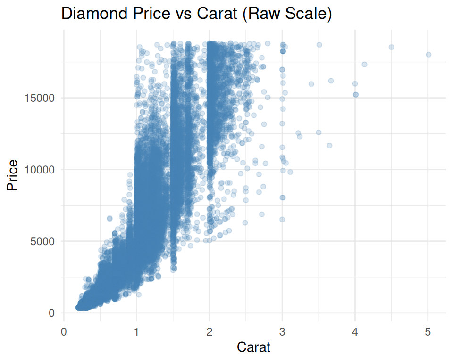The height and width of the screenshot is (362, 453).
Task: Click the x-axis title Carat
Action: (254, 347)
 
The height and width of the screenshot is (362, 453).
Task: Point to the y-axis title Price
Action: (13, 175)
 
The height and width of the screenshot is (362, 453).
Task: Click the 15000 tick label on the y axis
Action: (40, 98)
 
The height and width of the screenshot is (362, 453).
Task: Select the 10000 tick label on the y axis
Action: (40, 170)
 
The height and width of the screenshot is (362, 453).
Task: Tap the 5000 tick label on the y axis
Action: (43, 241)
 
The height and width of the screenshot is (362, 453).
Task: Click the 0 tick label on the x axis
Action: (64, 332)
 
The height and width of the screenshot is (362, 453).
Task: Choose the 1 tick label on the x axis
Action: (136, 332)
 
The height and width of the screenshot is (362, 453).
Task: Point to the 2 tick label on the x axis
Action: (210, 332)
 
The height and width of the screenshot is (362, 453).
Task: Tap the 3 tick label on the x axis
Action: (282, 332)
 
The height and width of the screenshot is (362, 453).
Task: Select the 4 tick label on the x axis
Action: (355, 332)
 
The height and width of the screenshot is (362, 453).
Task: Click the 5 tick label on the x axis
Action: (428, 332)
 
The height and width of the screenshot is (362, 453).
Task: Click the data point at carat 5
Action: (428, 55)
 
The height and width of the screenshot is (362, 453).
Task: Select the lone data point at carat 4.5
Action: (391, 47)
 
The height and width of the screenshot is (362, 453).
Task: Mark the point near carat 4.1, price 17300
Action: (364, 65)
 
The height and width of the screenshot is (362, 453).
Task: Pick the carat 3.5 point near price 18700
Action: (319, 45)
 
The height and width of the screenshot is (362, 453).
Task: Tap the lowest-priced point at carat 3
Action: (282, 219)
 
